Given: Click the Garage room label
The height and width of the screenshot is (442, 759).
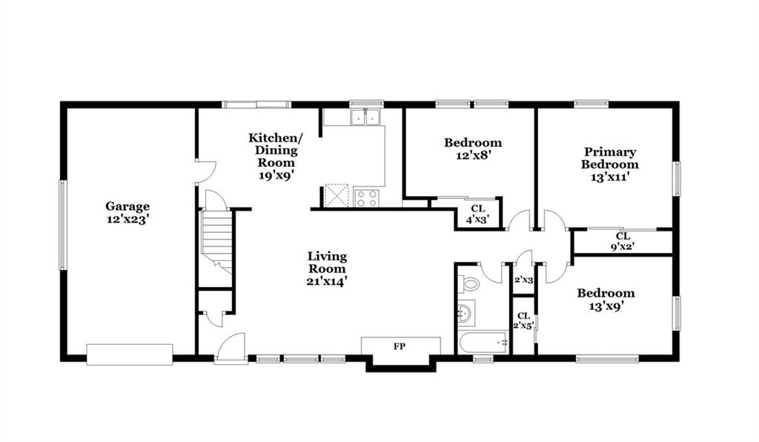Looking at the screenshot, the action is (127, 207).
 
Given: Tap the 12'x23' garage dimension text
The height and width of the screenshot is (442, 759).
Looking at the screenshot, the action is (127, 220).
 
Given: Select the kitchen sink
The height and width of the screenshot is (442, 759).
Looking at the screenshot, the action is (365, 117).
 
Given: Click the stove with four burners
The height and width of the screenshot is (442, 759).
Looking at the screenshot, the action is (366, 197).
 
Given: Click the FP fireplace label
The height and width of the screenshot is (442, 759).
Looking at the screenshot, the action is (400, 346).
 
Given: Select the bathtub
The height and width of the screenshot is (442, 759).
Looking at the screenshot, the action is (483, 343).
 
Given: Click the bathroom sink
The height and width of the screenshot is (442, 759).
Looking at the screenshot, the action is (465, 313).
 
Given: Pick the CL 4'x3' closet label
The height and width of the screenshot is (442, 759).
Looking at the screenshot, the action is (478, 214).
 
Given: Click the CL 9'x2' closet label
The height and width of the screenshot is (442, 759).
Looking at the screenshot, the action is (623, 241).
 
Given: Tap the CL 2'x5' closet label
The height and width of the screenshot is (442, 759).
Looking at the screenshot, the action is (523, 321).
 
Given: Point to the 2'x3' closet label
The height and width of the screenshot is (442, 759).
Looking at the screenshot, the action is (523, 280).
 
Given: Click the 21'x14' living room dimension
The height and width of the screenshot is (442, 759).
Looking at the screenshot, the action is (327, 281).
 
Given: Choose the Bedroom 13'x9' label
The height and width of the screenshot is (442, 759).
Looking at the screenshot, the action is (606, 299).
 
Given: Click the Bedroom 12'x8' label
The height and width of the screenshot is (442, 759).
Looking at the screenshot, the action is (473, 148).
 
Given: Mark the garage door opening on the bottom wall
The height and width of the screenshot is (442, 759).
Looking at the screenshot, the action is (130, 354).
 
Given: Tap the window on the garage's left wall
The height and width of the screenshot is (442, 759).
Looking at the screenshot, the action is (62, 225).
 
